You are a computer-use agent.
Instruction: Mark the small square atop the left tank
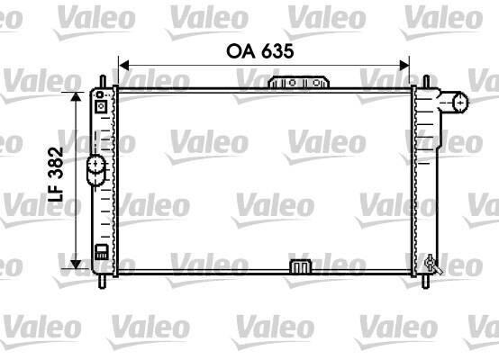tap(101, 106)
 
